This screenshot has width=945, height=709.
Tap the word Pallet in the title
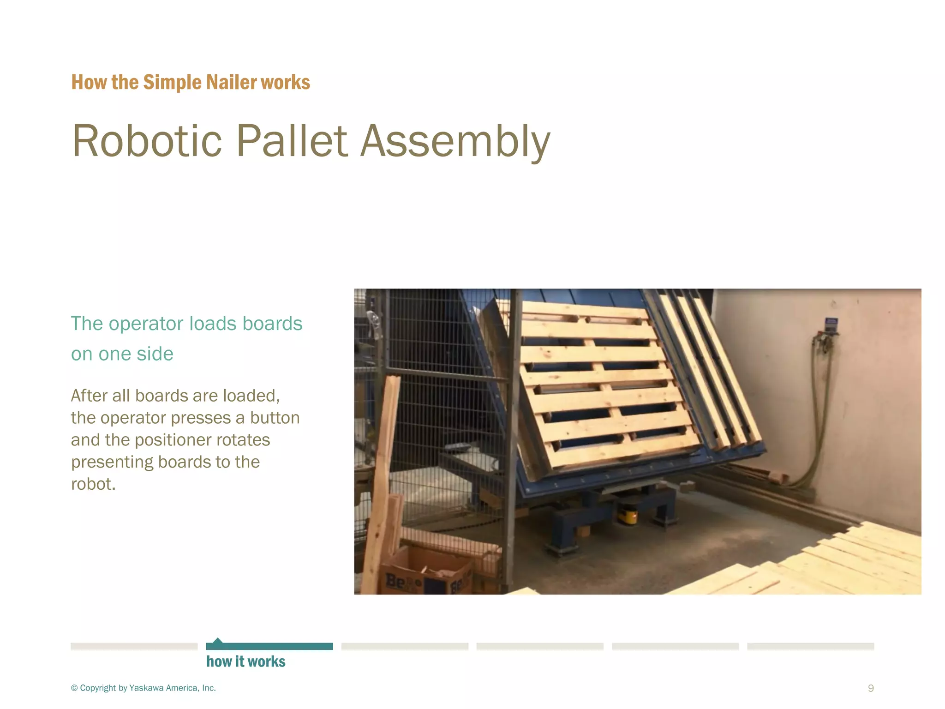point(291,141)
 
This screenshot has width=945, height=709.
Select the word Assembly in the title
point(455,141)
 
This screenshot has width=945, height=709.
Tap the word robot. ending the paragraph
point(93,484)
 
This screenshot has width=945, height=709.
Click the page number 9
point(870,688)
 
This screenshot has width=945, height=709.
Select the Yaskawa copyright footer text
point(143,688)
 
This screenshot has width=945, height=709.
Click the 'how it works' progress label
point(245,661)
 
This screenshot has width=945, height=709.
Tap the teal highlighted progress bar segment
point(269,646)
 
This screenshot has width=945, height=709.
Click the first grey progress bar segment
point(134,646)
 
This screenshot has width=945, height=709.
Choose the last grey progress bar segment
point(810,646)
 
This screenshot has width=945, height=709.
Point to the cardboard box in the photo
point(427,572)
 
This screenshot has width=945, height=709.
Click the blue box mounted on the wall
point(831,325)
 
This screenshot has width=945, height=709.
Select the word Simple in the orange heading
point(172,82)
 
